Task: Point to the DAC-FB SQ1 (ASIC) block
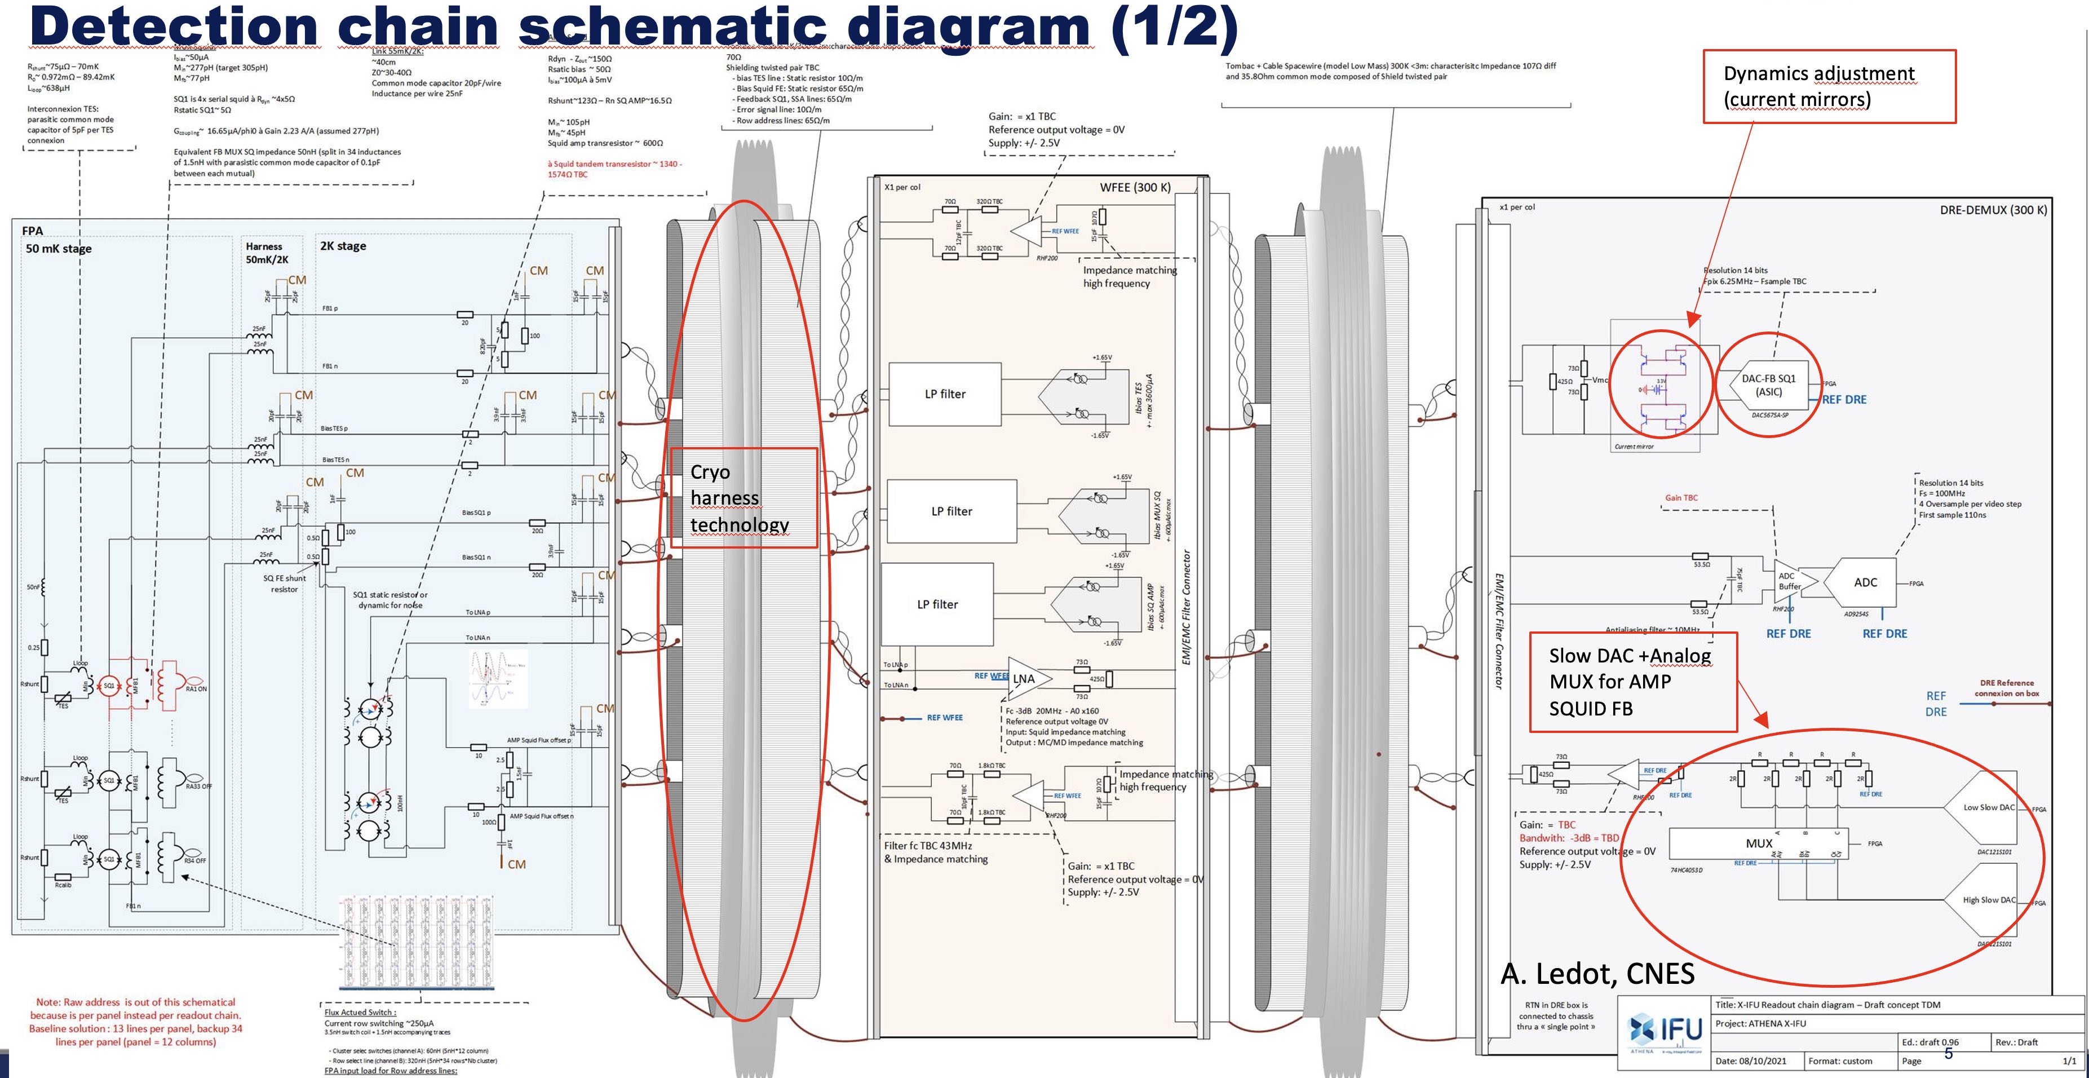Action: coord(1768,385)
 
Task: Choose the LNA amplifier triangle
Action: coord(1026,679)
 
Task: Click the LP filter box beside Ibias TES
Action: coord(945,394)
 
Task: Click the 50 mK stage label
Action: coord(59,248)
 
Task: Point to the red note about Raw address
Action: coord(135,1022)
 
